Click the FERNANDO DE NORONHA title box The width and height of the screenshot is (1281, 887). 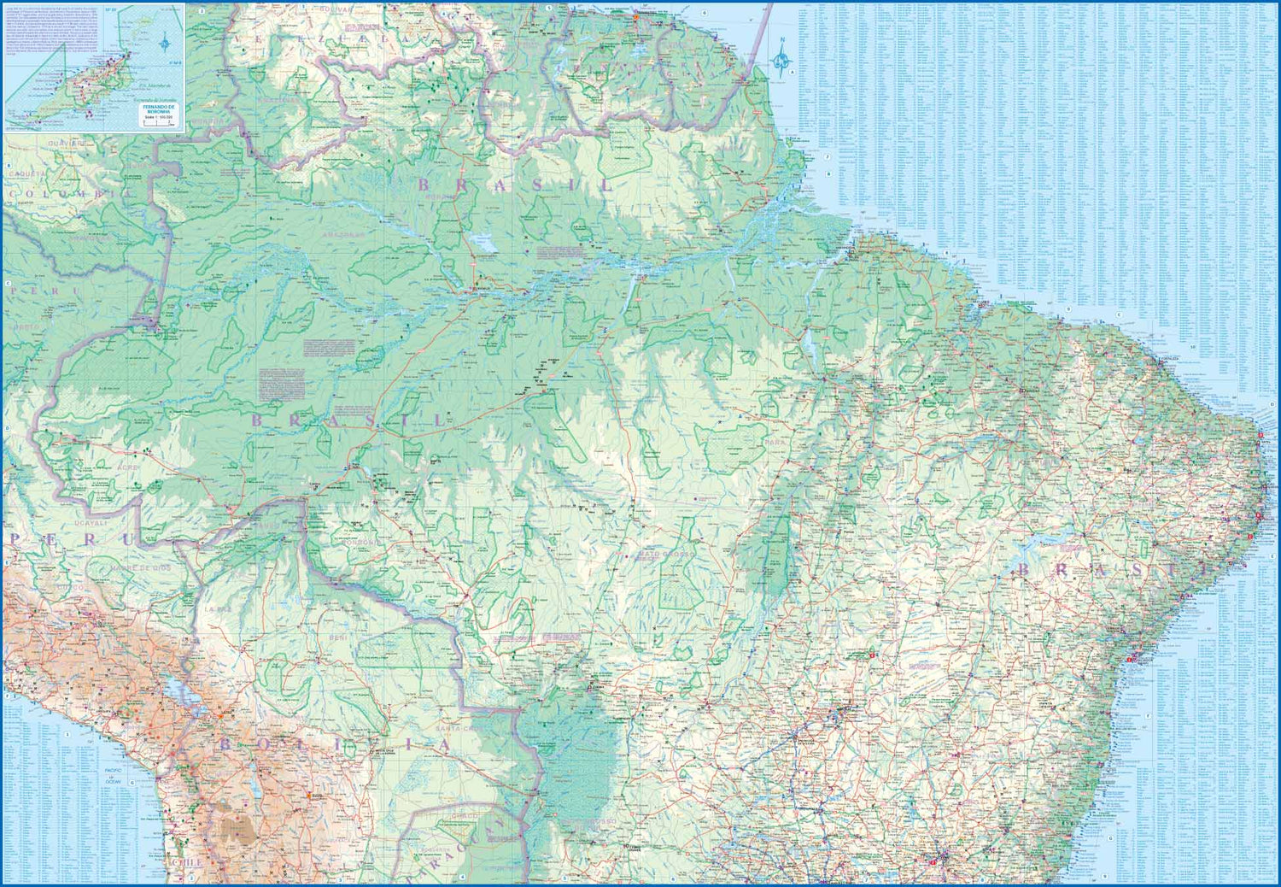(x=161, y=109)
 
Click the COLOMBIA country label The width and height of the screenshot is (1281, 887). (x=68, y=195)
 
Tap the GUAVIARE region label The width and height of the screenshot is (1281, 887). (x=63, y=143)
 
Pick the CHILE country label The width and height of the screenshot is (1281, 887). (x=188, y=862)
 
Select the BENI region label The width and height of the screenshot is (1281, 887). (x=336, y=637)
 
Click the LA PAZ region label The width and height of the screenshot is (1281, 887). (x=213, y=609)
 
